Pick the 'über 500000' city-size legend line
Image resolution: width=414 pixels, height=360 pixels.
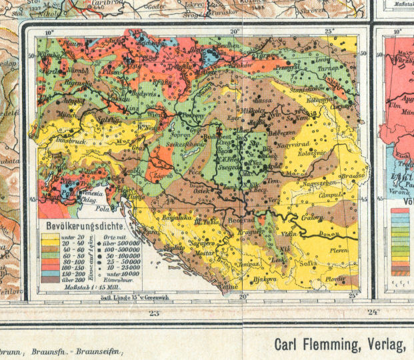click(107, 243)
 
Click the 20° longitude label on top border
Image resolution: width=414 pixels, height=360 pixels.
click(235, 31)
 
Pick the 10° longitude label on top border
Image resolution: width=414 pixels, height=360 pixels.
click(49, 31)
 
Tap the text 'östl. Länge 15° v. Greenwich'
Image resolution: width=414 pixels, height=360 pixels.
click(128, 295)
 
